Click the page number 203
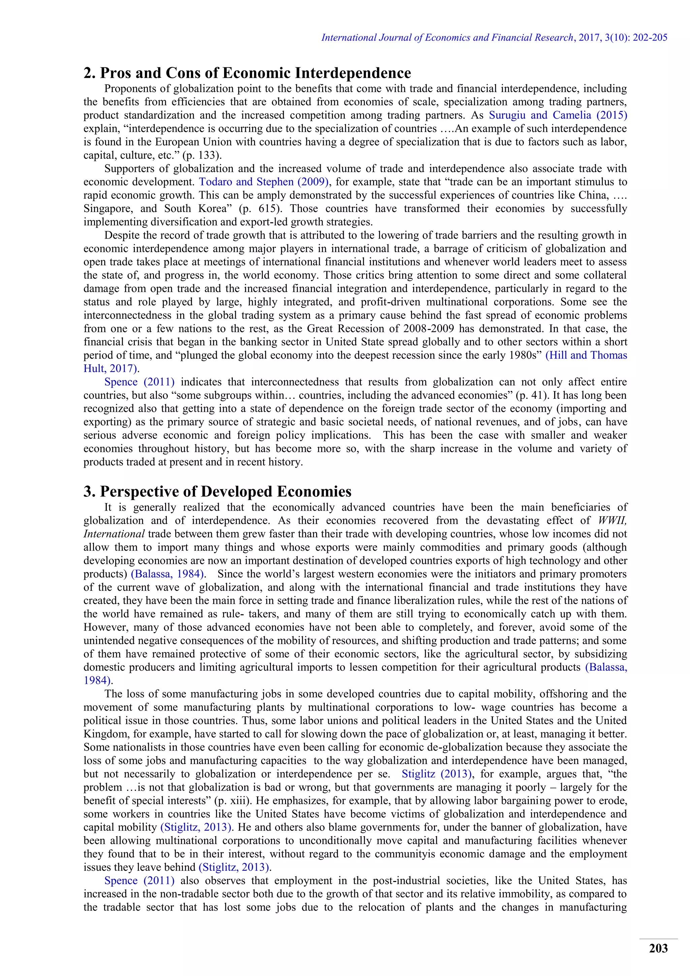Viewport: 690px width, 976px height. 658,949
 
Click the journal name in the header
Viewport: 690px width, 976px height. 447,38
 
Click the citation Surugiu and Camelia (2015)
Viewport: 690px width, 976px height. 558,115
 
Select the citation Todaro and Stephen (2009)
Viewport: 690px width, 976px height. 264,182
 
